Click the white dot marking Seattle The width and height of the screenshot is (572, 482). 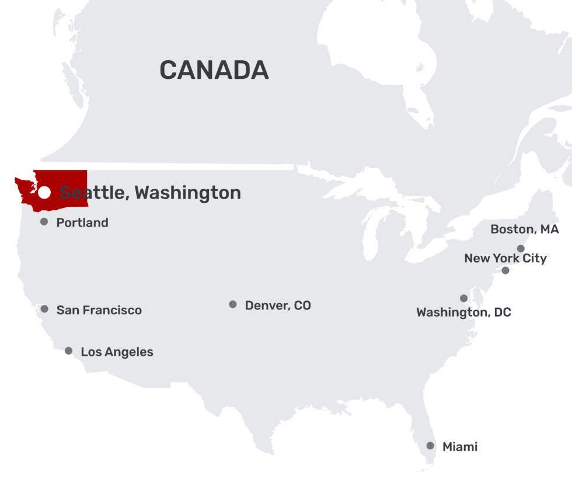tap(44, 192)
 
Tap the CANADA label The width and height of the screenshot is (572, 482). tap(214, 70)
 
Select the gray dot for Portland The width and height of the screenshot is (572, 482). tap(44, 222)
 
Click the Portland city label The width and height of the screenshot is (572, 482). tap(82, 223)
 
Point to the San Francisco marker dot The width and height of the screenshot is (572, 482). tap(44, 309)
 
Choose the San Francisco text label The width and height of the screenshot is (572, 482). tap(99, 310)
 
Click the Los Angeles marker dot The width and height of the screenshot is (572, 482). tap(68, 351)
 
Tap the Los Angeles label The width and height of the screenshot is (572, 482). tap(117, 352)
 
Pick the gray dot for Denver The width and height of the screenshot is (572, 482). tap(233, 304)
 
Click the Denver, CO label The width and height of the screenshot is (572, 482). tap(278, 305)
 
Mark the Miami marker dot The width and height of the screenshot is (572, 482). tap(430, 446)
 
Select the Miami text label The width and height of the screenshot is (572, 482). tap(460, 447)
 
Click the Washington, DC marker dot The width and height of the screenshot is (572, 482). tap(463, 299)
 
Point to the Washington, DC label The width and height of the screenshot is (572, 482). tap(463, 313)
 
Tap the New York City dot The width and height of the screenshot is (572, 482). tap(505, 271)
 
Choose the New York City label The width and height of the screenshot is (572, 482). tap(505, 258)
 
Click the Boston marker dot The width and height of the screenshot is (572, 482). tap(521, 249)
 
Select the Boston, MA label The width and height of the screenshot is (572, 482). tap(524, 229)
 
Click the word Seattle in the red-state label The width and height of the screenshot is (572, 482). tap(93, 192)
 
